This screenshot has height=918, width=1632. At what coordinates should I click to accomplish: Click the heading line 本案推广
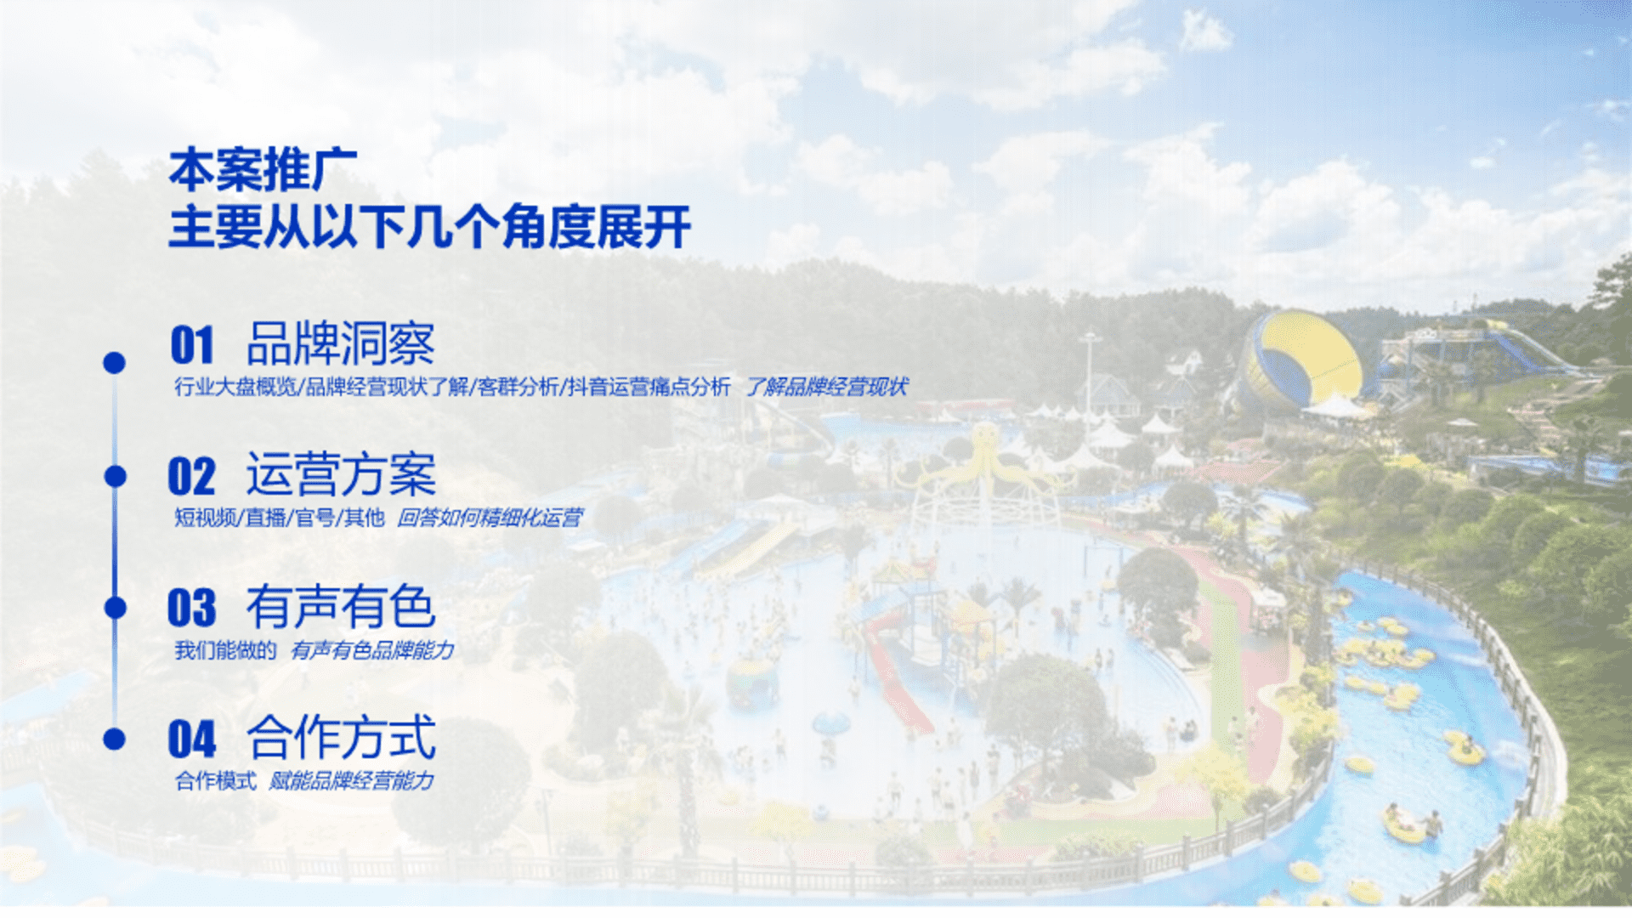(x=263, y=169)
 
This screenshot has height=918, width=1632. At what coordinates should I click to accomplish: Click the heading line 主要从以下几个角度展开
(x=430, y=227)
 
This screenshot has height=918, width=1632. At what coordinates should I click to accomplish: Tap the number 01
(x=192, y=345)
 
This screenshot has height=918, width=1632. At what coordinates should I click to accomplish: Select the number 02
(x=192, y=476)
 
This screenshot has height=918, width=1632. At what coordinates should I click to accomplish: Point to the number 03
(x=192, y=608)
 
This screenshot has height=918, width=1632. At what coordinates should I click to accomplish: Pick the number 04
(x=192, y=739)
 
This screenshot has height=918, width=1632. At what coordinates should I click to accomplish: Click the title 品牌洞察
(x=341, y=344)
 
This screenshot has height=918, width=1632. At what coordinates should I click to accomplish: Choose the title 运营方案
(x=341, y=474)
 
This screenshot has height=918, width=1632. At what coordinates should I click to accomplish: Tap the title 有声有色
(x=341, y=606)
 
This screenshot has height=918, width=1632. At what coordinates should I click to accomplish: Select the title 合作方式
(x=341, y=737)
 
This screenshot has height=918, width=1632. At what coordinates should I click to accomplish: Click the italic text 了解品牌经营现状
(x=827, y=387)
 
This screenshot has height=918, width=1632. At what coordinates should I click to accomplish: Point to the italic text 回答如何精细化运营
(x=490, y=518)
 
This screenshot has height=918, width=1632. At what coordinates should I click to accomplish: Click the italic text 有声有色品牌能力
(x=372, y=650)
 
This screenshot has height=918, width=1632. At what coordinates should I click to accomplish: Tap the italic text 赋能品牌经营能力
(x=351, y=780)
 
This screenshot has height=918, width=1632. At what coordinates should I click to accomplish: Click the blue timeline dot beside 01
(x=114, y=363)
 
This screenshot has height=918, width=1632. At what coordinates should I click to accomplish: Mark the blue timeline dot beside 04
(x=114, y=739)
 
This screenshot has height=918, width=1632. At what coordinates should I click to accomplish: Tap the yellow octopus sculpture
(x=983, y=463)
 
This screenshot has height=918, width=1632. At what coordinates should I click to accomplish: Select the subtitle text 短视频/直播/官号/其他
(x=280, y=518)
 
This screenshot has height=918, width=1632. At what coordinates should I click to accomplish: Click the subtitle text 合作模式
(x=216, y=780)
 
